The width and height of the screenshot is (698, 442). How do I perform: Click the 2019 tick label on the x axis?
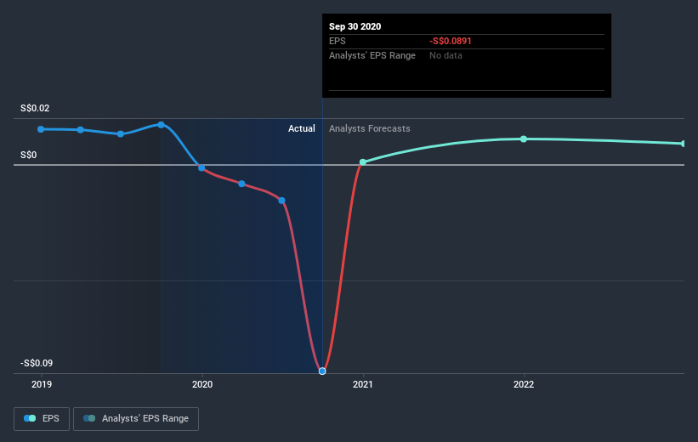[41, 384]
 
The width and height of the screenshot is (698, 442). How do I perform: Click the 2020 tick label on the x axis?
[202, 384]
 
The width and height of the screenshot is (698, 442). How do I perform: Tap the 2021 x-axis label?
[363, 384]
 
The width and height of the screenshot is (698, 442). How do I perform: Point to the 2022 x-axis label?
[524, 384]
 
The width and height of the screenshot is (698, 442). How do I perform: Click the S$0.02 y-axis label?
[36, 108]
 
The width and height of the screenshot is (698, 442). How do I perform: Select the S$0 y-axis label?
[28, 155]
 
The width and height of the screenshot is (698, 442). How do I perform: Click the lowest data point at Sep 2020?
[322, 371]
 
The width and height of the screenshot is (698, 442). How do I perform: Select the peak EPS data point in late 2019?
[161, 125]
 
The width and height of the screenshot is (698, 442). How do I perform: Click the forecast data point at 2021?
[363, 161]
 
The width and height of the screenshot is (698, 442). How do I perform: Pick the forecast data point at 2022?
[524, 139]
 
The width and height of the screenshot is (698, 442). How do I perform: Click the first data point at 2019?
[41, 128]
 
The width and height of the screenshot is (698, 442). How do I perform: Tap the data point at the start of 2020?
[201, 167]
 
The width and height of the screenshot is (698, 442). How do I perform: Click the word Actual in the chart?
[301, 128]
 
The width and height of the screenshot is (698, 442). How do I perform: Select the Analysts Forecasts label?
[370, 128]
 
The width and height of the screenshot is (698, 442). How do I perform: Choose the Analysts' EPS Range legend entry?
[136, 418]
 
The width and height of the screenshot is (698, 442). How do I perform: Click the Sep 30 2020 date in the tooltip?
[355, 26]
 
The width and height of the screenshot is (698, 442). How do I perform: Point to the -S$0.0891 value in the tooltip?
[451, 41]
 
